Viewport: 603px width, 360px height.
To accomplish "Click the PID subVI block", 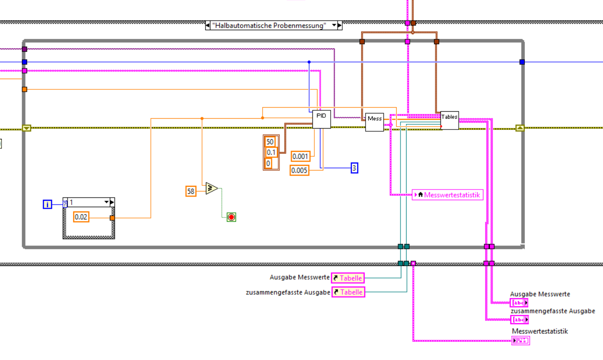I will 321,119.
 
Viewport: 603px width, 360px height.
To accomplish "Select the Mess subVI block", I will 374,122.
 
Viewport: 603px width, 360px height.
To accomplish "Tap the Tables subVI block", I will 449,120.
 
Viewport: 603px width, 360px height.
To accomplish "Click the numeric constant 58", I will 190,190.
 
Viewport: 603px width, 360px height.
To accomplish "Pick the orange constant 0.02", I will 81,217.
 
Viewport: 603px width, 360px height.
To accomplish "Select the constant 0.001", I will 300,156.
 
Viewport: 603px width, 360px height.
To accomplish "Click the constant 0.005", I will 299,170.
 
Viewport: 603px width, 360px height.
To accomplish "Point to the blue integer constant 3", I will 354,168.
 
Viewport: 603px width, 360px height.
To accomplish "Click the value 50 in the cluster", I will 270,142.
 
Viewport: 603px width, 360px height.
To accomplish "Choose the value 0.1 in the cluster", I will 271,152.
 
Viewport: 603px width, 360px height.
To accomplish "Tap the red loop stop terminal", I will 231,217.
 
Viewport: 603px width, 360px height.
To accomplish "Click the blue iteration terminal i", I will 47,204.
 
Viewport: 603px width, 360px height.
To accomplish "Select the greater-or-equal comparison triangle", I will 211,188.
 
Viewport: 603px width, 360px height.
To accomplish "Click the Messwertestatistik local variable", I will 448,195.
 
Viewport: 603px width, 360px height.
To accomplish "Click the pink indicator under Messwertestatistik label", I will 521,340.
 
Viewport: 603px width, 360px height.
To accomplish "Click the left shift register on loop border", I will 26,128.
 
